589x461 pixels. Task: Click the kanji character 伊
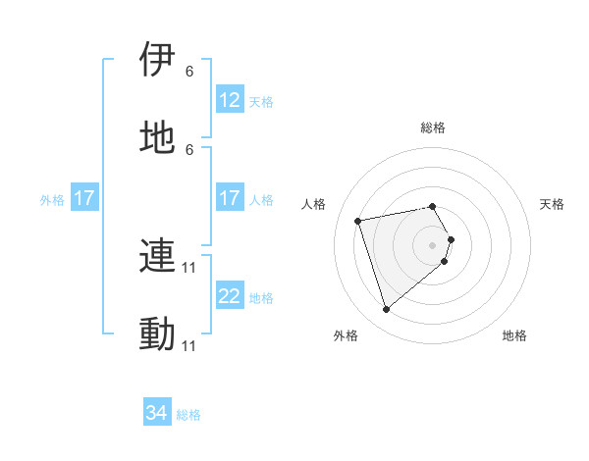(x=158, y=60)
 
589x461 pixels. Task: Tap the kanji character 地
(x=158, y=136)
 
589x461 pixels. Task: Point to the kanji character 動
(x=158, y=333)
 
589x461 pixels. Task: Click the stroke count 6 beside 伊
(x=189, y=72)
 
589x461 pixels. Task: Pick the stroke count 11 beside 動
(x=189, y=346)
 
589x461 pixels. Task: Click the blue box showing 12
(x=230, y=100)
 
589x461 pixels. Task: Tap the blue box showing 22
(x=230, y=296)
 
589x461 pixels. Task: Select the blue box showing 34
(x=157, y=414)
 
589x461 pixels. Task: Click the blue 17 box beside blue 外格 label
(x=84, y=199)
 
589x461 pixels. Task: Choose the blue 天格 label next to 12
(x=261, y=101)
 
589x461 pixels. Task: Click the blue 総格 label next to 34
(x=188, y=415)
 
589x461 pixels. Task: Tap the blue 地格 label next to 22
(x=261, y=297)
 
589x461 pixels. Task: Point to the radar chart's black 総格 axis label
(x=433, y=128)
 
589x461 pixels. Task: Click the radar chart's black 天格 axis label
(x=553, y=204)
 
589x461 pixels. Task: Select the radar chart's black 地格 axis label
(x=514, y=335)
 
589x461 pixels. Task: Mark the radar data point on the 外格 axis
(x=386, y=310)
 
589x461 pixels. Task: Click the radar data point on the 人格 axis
(x=358, y=220)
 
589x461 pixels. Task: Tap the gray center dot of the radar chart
(x=433, y=244)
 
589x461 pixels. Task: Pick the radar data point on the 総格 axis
(x=433, y=206)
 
